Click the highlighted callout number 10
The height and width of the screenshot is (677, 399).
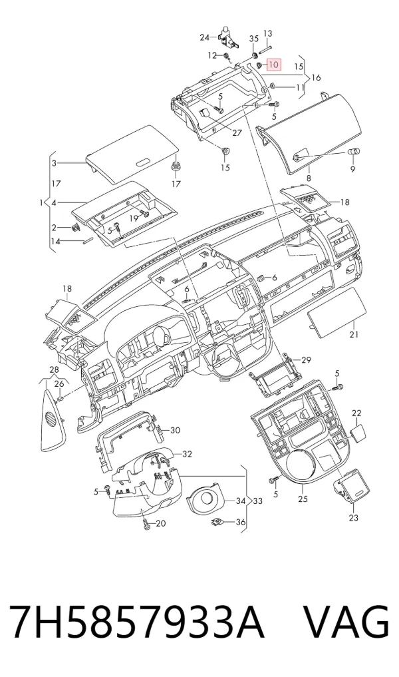pos(274,65)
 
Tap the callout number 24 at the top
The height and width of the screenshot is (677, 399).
pos(204,37)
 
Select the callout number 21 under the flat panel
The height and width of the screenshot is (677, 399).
pos(354,334)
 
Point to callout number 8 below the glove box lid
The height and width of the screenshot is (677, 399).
pos(309,178)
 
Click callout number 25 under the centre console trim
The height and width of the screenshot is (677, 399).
pos(303,499)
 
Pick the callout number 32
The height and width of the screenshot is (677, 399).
pos(187,454)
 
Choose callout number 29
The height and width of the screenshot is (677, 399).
pos(306,359)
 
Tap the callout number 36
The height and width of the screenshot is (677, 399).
pos(241,523)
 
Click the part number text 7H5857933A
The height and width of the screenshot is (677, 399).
pos(136,622)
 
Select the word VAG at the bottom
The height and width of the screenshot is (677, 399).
pos(347,622)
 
